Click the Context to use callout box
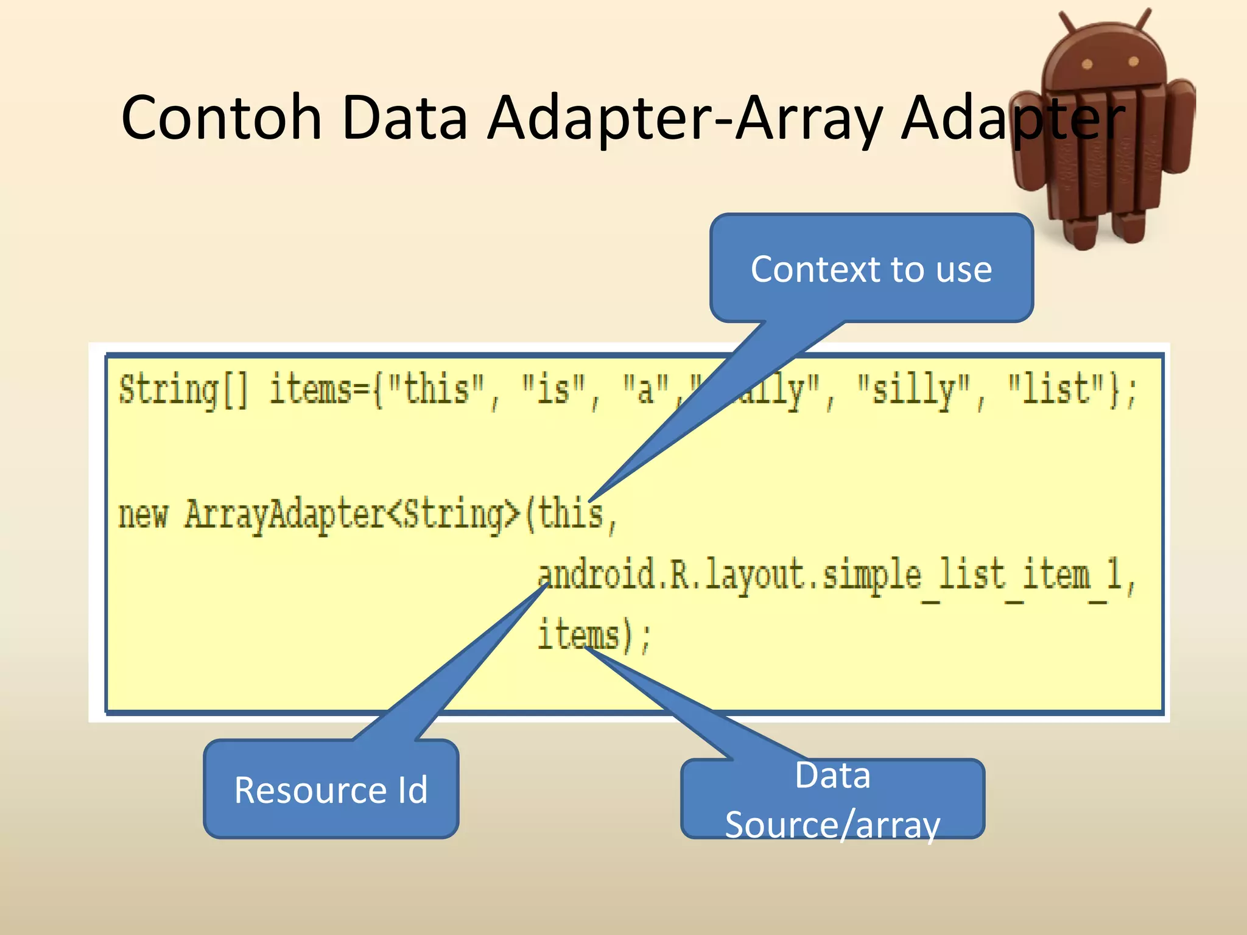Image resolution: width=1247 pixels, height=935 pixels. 871,268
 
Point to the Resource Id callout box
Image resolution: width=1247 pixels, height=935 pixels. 331,790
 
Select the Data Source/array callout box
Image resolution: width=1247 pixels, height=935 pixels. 832,799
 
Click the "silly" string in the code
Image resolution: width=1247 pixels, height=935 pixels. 913,390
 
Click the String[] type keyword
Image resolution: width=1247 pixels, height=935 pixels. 183,390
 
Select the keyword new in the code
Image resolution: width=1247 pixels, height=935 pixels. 142,514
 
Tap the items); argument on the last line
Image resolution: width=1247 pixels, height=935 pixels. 594,635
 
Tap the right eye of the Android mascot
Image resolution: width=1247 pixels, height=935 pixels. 1133,61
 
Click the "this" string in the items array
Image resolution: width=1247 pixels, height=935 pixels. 436,390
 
